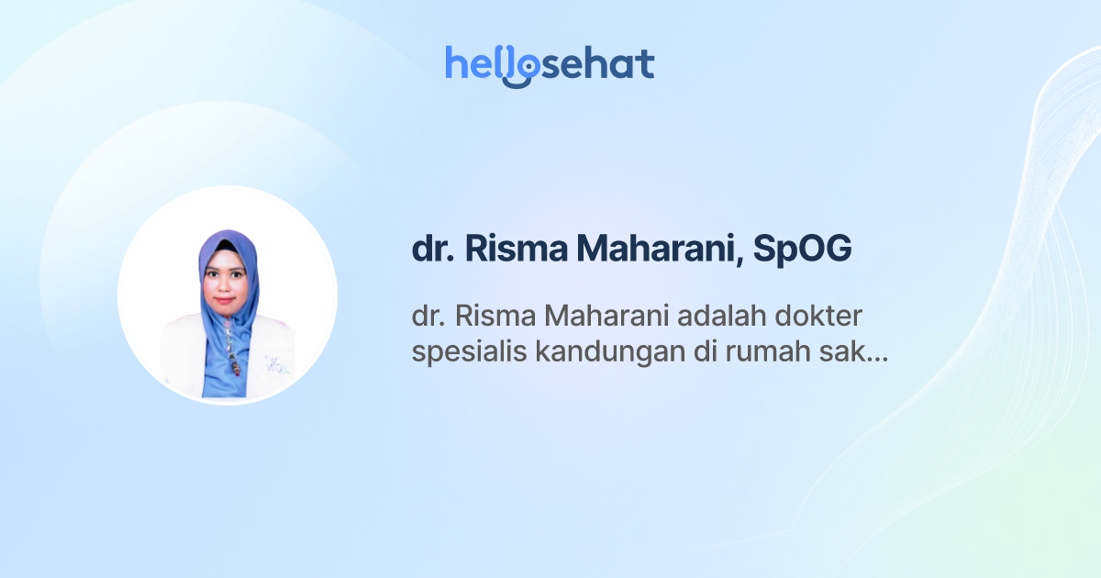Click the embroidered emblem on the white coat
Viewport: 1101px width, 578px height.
pyautogui.click(x=274, y=365)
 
